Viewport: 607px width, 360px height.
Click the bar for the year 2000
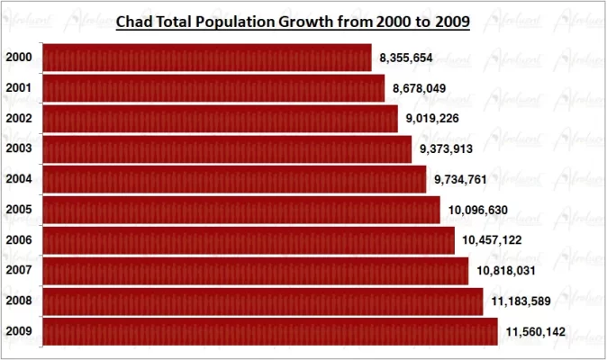point(207,58)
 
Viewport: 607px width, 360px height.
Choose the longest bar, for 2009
point(270,331)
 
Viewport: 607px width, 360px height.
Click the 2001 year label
point(19,88)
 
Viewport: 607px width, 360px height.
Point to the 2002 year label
point(19,119)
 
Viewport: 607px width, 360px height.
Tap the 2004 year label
point(19,179)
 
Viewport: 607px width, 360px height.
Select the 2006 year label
point(19,240)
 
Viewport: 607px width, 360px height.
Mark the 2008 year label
point(19,301)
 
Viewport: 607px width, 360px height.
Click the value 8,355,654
point(406,58)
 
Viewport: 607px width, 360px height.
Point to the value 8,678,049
point(419,88)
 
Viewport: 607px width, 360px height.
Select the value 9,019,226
point(432,119)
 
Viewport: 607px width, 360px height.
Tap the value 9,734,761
point(460,179)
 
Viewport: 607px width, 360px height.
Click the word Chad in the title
point(136,22)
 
